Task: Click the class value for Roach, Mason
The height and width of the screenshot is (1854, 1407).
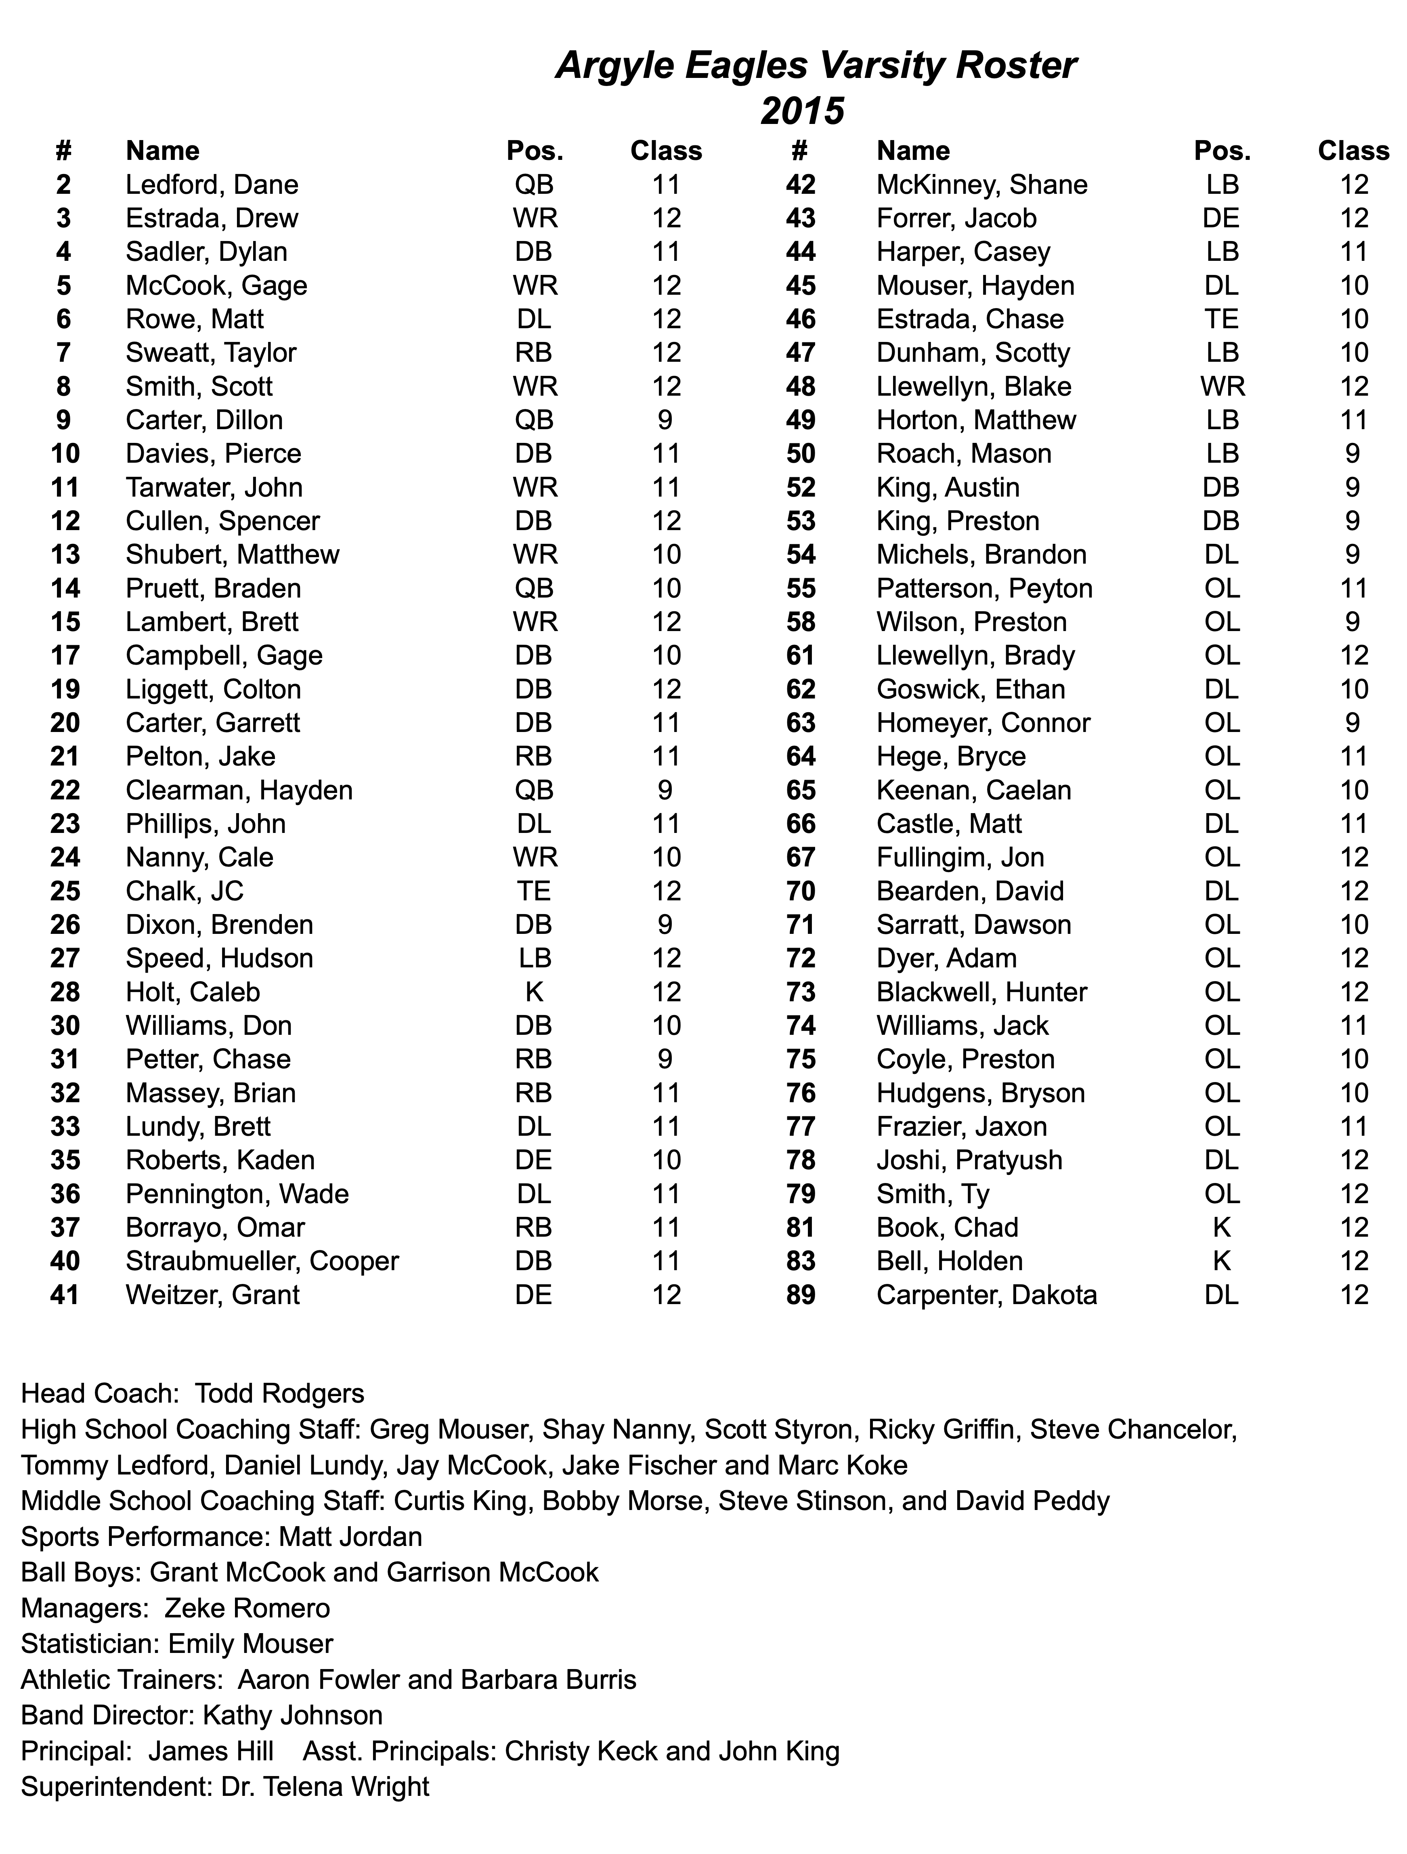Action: click(x=1352, y=453)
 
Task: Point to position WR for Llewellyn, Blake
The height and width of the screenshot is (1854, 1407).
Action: click(x=1222, y=386)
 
